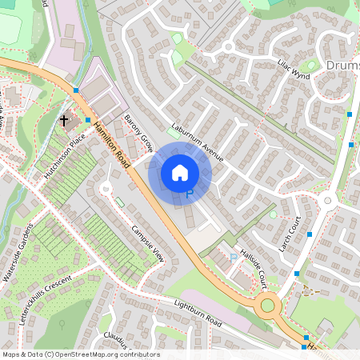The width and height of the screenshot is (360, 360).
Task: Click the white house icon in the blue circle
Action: [x=180, y=172]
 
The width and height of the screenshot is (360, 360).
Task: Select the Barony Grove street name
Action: [x=138, y=132]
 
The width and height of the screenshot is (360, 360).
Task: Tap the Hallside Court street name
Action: [x=252, y=267]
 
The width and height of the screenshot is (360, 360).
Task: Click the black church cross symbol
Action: [x=64, y=121]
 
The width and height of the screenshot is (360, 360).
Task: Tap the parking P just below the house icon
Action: [x=190, y=194]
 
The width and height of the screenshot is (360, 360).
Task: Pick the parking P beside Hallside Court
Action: [x=234, y=258]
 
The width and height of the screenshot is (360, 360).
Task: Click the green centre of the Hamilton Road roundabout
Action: [x=268, y=302]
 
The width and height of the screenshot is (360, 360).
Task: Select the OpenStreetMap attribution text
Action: [x=80, y=354]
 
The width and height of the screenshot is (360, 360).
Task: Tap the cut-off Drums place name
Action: [x=342, y=64]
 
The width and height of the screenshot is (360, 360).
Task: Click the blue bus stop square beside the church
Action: [x=87, y=120]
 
